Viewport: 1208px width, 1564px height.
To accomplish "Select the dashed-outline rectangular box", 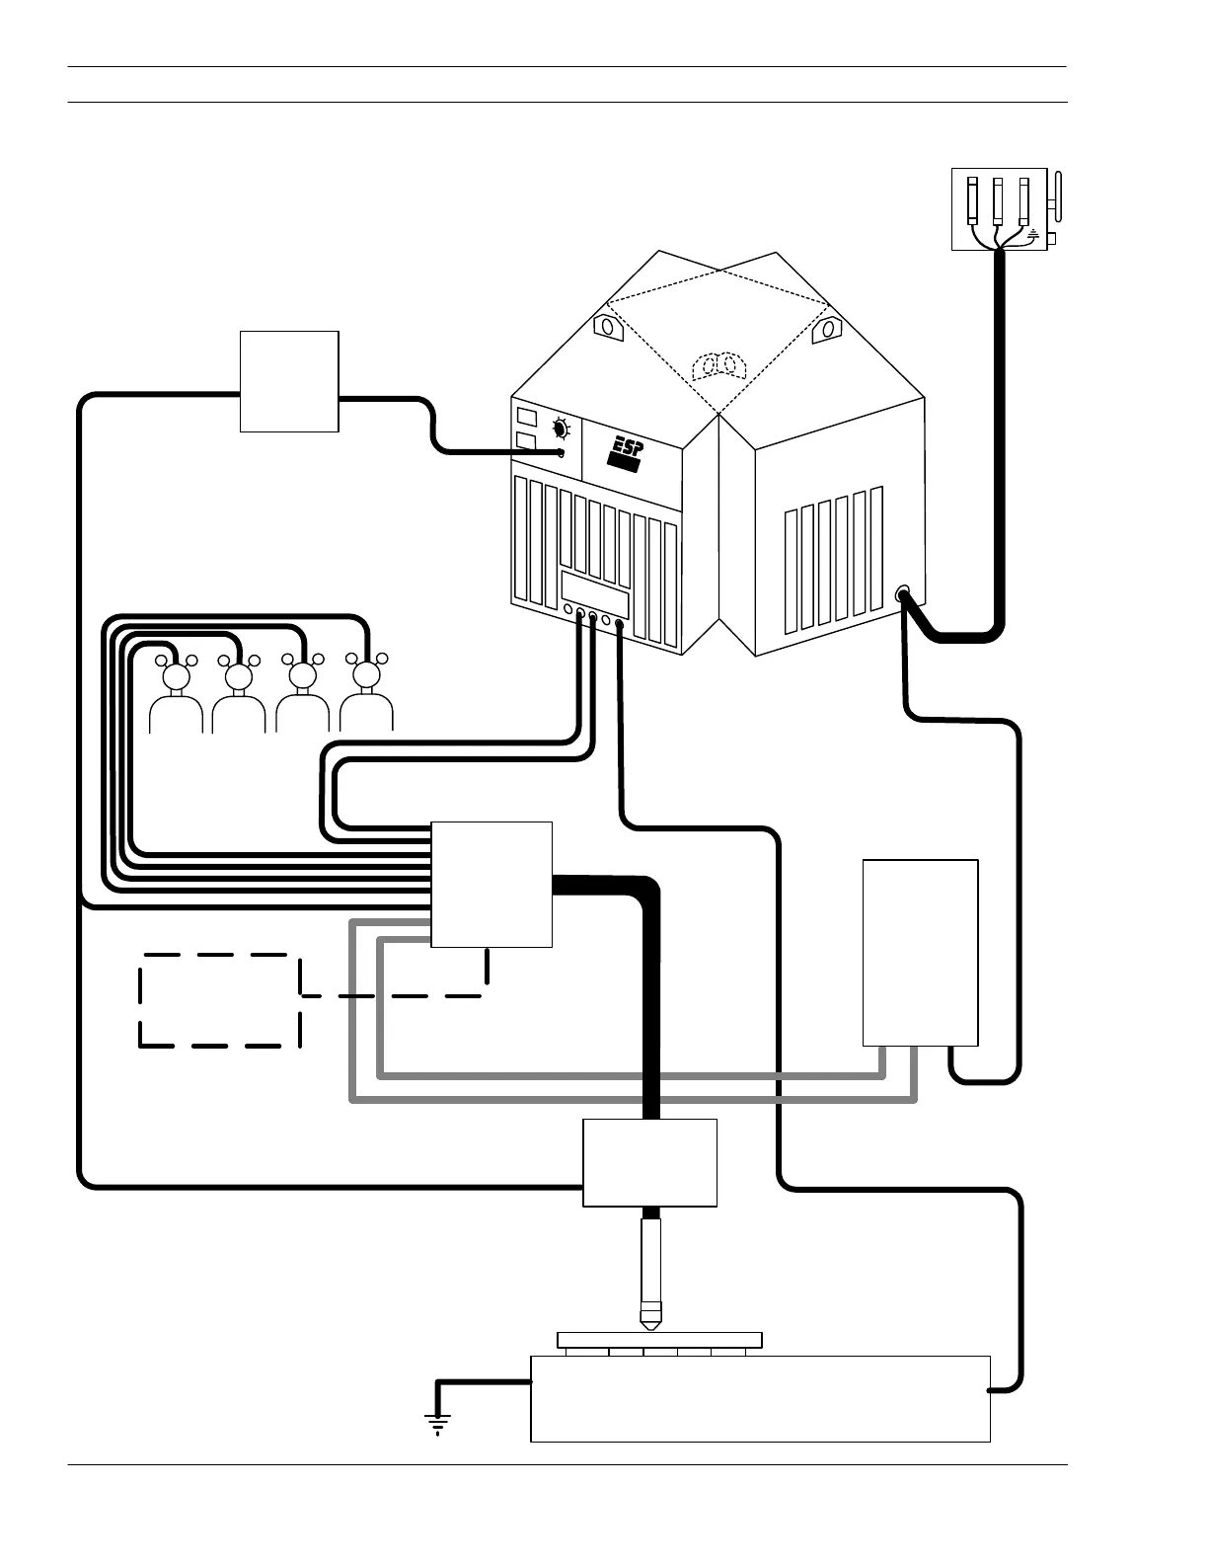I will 220,999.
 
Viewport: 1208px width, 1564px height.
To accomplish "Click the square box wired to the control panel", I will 289,381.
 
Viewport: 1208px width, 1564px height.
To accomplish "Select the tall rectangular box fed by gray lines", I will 920,952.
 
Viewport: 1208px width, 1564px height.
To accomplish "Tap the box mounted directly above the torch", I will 649,1162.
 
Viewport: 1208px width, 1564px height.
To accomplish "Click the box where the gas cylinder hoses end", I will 491,884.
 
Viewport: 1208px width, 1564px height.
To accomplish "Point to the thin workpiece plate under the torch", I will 659,1339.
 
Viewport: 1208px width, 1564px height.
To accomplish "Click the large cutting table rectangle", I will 760,1398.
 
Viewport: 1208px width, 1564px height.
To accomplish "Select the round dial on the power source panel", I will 561,430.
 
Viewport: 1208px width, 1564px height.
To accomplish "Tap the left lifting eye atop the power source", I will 605,326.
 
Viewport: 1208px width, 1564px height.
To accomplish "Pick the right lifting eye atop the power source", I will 825,330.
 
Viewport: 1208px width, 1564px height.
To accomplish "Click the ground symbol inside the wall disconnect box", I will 1032,235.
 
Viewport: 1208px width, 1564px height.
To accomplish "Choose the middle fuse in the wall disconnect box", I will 998,203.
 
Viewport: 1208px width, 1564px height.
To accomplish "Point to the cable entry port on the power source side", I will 902,594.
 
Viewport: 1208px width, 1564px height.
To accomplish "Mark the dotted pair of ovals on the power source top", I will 718,366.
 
